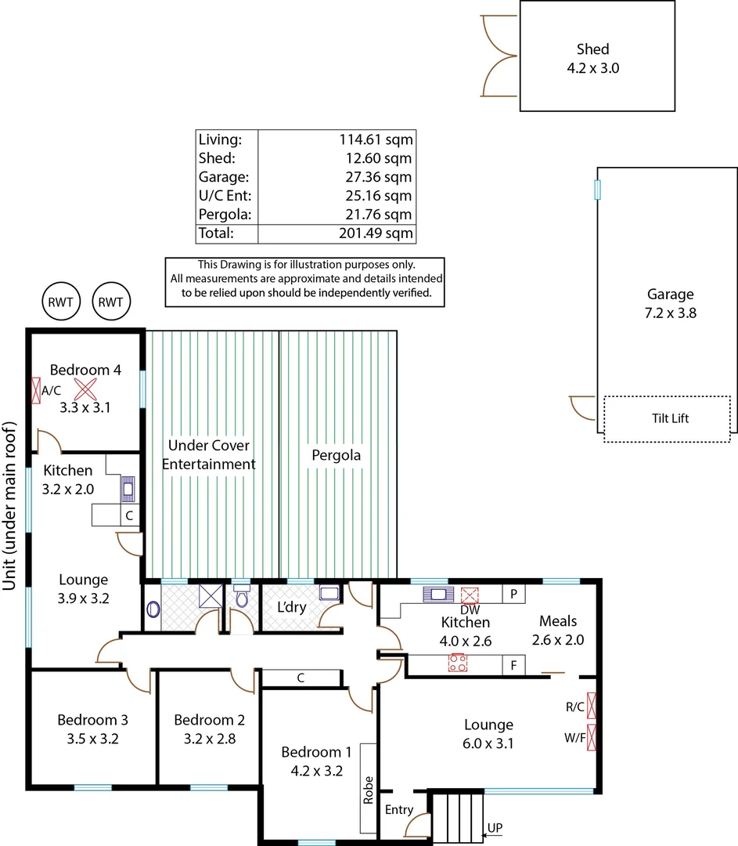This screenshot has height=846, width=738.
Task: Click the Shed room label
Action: point(592,49)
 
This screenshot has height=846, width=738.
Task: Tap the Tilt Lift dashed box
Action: point(669,418)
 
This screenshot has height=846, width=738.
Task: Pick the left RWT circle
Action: point(62,302)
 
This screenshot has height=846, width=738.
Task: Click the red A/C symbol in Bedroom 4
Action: point(36,390)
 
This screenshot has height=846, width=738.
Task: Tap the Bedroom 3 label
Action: point(92,720)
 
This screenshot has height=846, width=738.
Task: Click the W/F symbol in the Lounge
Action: point(592,738)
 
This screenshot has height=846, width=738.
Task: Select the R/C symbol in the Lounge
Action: point(592,706)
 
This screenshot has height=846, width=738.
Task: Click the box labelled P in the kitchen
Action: point(513,594)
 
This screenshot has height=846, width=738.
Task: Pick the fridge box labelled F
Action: point(513,666)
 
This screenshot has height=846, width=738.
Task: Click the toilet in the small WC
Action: point(242,598)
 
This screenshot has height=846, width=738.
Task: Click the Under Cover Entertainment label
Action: point(208,455)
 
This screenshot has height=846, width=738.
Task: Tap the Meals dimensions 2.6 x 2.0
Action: point(558,639)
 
